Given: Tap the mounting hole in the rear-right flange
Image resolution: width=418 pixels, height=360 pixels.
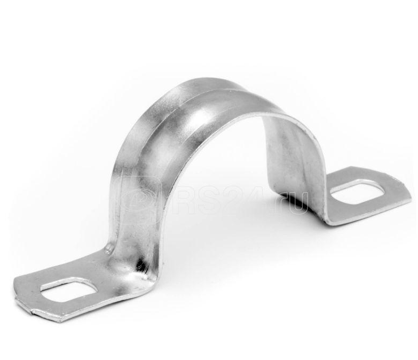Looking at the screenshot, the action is click(358, 191).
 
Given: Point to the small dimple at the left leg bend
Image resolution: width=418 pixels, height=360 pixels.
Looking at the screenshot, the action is click(108, 249).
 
